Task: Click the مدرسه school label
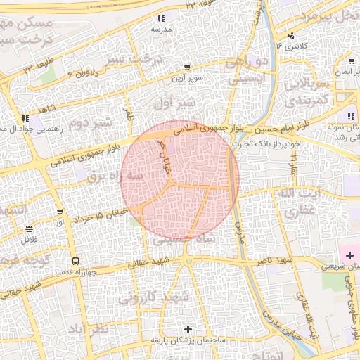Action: coord(160,31)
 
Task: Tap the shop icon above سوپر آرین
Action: coord(187,68)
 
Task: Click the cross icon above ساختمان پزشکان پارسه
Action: coord(188,329)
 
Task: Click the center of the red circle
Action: coord(180,179)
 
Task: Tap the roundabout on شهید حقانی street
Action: coord(189,262)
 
